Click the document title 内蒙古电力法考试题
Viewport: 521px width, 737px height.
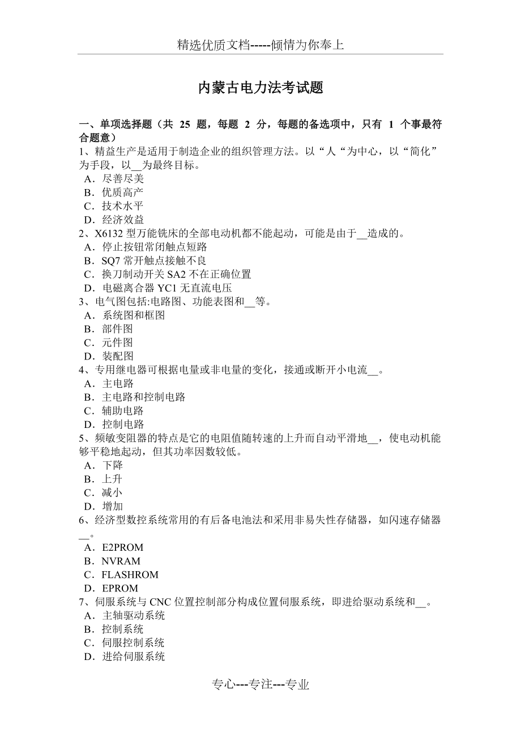(x=260, y=88)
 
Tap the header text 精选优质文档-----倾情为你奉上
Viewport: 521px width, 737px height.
(x=260, y=45)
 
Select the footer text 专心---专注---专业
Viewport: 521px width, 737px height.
(x=260, y=685)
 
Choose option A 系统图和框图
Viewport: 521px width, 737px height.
(x=125, y=315)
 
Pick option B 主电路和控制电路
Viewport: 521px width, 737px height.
(x=135, y=397)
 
